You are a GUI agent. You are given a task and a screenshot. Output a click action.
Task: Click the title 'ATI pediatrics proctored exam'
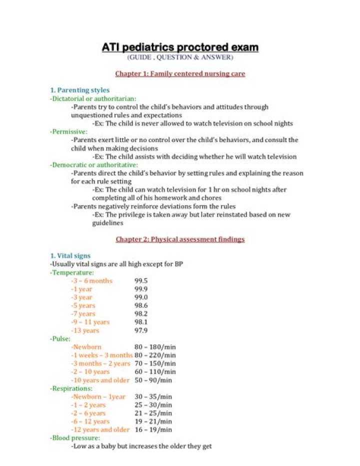click(x=180, y=48)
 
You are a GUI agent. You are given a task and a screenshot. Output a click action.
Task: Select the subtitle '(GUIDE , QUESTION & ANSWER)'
click(x=180, y=57)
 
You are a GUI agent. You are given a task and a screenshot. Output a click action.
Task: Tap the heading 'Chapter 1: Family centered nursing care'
click(x=180, y=74)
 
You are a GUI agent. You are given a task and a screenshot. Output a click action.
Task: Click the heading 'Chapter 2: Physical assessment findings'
click(x=180, y=239)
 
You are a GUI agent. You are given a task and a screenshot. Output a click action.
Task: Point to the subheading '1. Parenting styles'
click(x=79, y=90)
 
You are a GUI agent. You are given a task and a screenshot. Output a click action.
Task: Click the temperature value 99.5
click(x=141, y=281)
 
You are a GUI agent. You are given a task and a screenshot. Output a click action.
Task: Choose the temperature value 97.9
click(x=141, y=330)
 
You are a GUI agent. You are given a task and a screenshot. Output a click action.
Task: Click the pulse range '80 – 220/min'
click(x=155, y=355)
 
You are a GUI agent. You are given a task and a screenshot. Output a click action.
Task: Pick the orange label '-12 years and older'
click(x=100, y=429)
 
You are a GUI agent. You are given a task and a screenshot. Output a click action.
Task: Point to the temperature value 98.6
click(x=141, y=305)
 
